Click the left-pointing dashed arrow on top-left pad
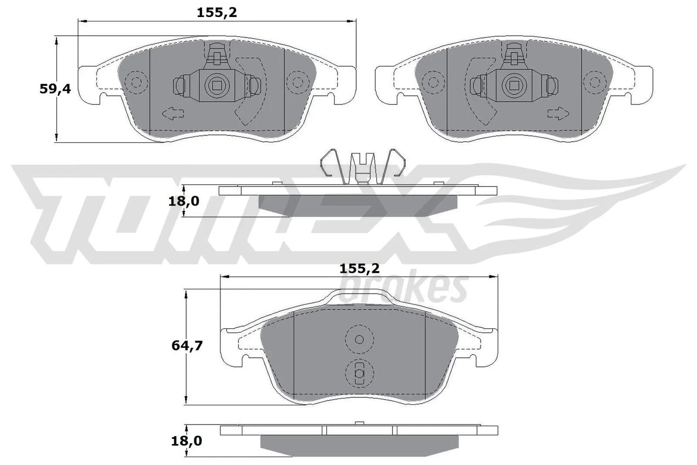pyautogui.click(x=173, y=114)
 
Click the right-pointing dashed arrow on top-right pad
pyautogui.click(x=558, y=114)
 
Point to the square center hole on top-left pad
pyautogui.click(x=215, y=84)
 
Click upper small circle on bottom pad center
pyautogui.click(x=359, y=339)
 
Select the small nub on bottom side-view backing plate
pyautogui.click(x=359, y=423)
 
